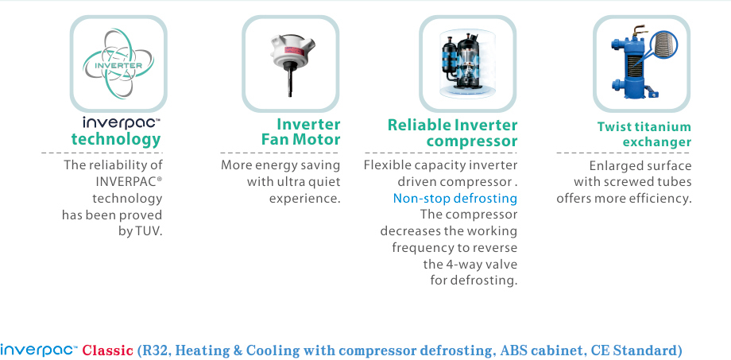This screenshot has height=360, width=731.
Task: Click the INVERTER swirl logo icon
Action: tap(118, 64)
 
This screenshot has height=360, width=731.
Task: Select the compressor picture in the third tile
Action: tap(467, 64)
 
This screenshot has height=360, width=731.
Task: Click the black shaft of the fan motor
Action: tap(290, 82)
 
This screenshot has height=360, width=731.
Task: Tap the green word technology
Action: tap(116, 139)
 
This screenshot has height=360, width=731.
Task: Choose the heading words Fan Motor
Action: tap(300, 139)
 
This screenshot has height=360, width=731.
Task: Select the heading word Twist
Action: tap(613, 127)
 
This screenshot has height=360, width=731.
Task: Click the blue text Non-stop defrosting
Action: tap(455, 198)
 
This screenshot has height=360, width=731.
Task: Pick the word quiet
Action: tap(323, 182)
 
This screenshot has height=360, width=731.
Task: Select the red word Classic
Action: tap(108, 350)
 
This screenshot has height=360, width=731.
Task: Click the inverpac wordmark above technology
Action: tap(122, 122)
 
